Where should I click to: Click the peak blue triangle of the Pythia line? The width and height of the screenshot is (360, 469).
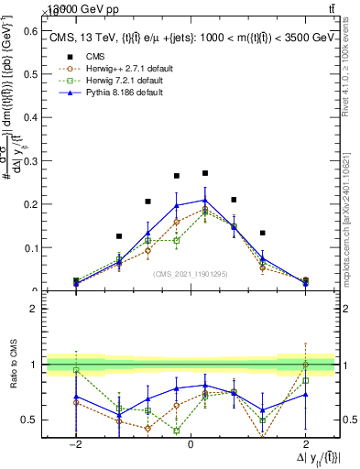pyautogui.click(x=205, y=199)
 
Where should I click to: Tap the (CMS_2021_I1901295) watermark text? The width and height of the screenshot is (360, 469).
pyautogui.click(x=190, y=273)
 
